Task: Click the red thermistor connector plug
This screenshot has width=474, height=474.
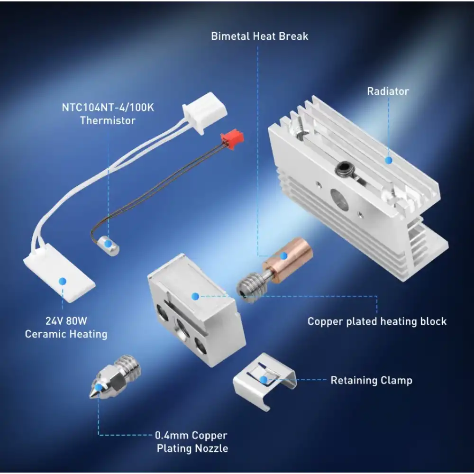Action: click(232, 140)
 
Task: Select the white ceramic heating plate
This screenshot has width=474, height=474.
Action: click(59, 280)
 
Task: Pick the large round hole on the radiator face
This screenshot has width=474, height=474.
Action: click(339, 199)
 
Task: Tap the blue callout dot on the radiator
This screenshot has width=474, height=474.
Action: click(388, 160)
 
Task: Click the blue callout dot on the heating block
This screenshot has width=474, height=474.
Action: click(194, 296)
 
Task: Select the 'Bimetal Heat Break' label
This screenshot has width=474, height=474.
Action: click(259, 36)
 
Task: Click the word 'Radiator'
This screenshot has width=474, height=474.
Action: click(388, 91)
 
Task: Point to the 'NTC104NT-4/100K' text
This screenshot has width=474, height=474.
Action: click(108, 108)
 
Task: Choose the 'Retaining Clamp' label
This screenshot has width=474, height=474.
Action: click(371, 380)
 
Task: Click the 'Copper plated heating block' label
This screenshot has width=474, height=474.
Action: click(377, 321)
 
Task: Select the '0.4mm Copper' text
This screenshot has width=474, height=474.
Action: click(191, 435)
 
